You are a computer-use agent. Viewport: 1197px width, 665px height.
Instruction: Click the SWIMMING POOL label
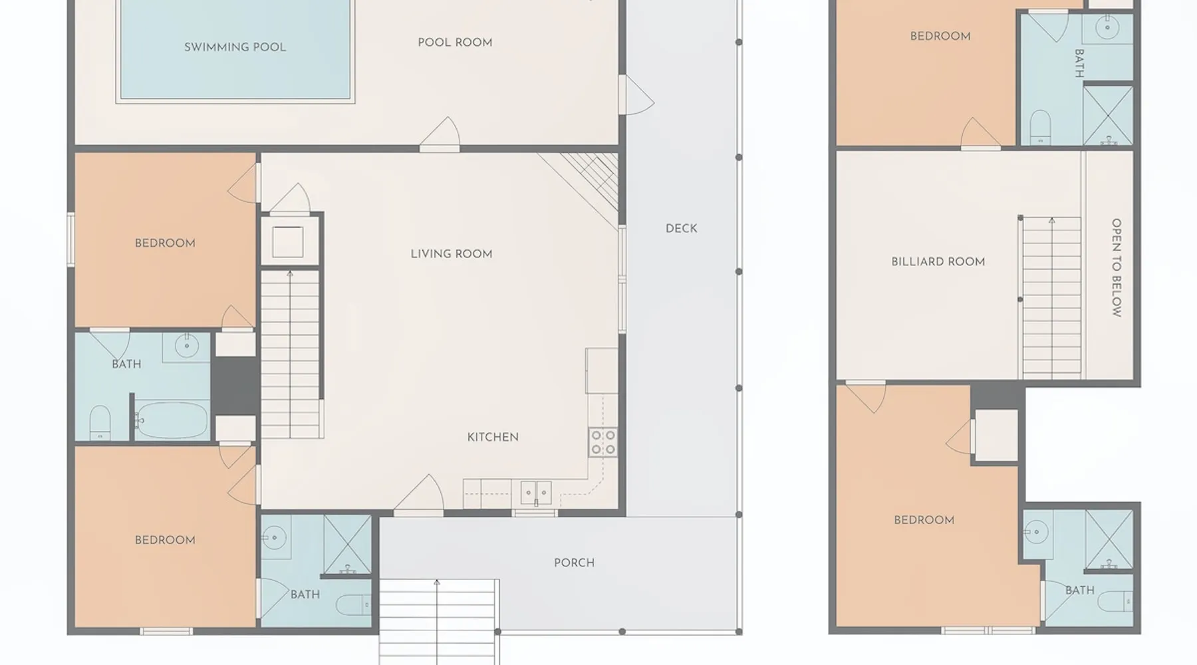point(235,47)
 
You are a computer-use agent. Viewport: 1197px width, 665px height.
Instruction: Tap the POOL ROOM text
point(455,43)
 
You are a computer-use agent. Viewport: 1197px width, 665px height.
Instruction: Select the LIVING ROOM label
point(452,254)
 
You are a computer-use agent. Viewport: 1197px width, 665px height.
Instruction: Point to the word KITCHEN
point(493,437)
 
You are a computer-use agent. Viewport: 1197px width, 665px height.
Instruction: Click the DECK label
point(682,229)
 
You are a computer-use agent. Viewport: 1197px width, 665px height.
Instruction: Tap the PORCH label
point(575,563)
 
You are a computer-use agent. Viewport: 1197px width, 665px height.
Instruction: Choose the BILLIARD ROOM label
point(938,262)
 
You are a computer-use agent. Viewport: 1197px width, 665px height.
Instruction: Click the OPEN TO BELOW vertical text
point(1117,267)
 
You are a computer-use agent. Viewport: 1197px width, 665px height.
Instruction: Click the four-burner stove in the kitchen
point(602,443)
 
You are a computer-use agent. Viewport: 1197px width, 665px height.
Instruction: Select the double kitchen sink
point(536,493)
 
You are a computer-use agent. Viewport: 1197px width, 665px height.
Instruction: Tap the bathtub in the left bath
point(172,420)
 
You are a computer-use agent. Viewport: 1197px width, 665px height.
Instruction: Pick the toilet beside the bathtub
point(100,423)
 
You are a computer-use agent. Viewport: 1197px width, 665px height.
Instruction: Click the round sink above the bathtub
point(187,346)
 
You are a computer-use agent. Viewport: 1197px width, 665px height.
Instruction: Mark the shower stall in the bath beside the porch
point(348,545)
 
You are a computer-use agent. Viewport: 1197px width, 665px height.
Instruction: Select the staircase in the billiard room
point(1051,297)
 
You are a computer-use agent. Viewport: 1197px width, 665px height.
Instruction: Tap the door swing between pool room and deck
point(636,94)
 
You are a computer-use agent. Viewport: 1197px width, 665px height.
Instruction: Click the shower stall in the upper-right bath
point(1108,115)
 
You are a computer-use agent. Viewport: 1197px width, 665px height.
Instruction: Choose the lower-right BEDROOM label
point(924,520)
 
